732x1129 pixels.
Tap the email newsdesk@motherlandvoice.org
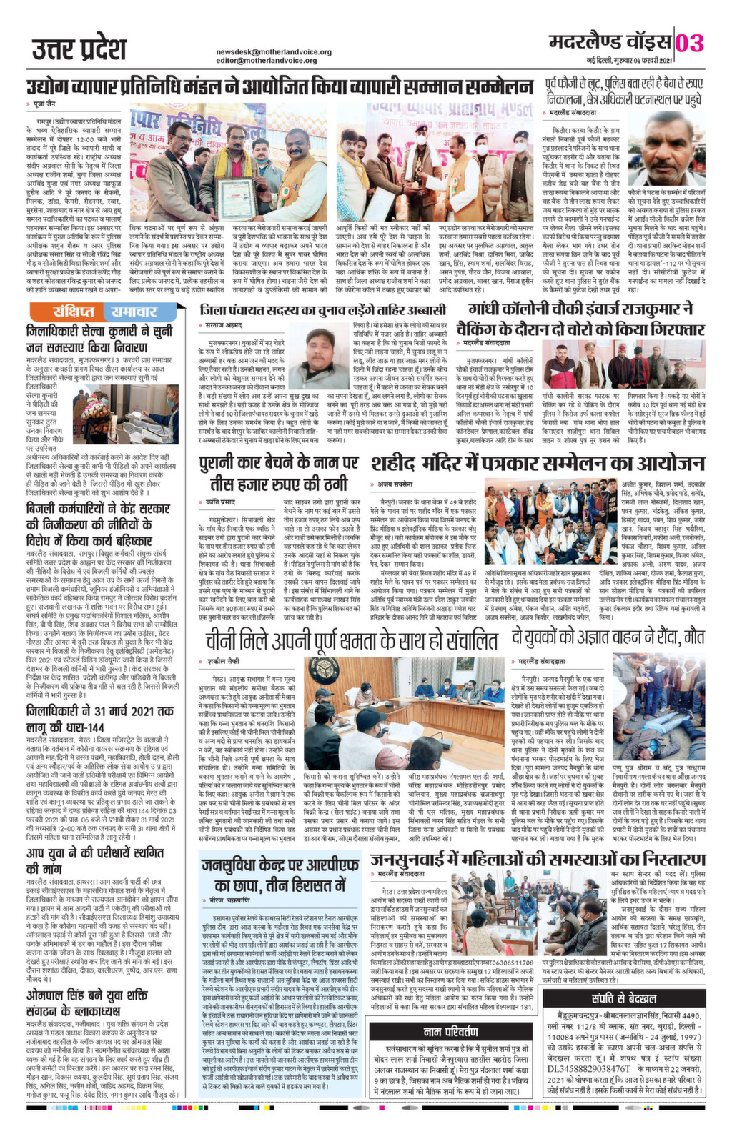[274, 52]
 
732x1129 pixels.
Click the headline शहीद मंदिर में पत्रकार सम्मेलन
[536, 443]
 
